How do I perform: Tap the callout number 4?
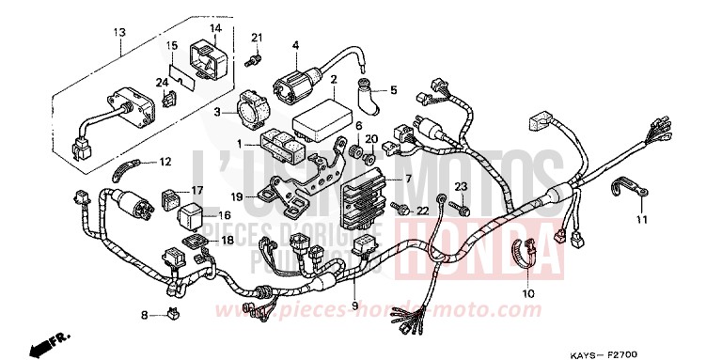[x=294, y=44]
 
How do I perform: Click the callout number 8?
[x=145, y=314]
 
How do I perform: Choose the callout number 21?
[x=256, y=37]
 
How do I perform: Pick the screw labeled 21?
[x=251, y=58]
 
